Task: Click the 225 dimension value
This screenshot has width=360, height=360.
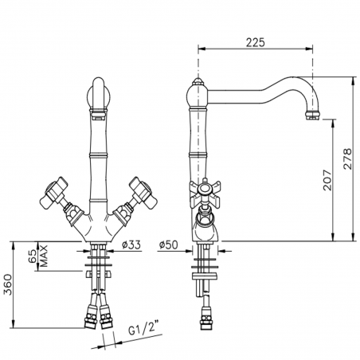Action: click(x=255, y=42)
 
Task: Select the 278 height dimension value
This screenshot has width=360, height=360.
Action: click(x=347, y=158)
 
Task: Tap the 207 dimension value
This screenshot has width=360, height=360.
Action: click(x=327, y=180)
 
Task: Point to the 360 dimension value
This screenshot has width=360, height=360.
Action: click(x=8, y=284)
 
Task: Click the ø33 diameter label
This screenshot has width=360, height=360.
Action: click(x=131, y=245)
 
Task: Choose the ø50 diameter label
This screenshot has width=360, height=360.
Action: click(x=168, y=245)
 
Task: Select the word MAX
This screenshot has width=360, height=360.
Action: click(x=44, y=256)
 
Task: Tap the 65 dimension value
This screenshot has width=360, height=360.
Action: click(x=33, y=256)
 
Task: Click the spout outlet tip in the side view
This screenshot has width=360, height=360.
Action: click(x=313, y=116)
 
